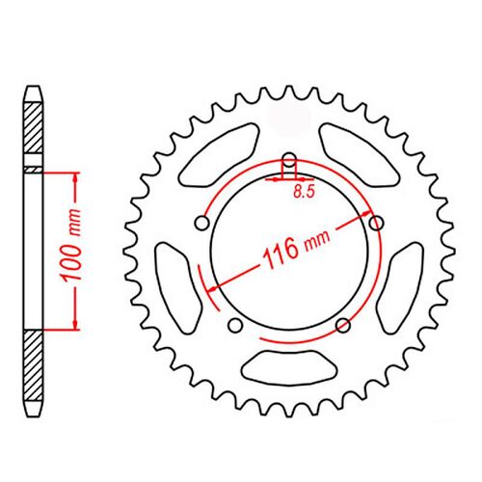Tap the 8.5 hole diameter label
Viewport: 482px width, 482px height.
[x=304, y=192]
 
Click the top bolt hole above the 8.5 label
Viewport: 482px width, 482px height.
[x=287, y=161]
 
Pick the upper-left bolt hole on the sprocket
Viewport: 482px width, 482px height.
[x=201, y=224]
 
